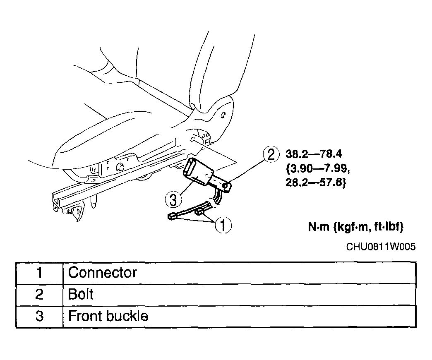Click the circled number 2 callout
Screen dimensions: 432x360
[x=271, y=154]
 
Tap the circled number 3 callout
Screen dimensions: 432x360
[x=173, y=199]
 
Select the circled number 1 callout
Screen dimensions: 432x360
[x=223, y=225]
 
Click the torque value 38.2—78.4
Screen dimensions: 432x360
[x=314, y=154]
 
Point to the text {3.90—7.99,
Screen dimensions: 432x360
[x=318, y=168]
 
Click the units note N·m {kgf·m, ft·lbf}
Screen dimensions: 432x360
[x=356, y=227]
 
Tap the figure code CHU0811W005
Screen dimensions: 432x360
[x=381, y=247]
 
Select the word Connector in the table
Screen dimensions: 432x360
[x=102, y=273]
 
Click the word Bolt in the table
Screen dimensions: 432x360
[x=80, y=294]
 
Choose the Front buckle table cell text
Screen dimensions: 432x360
[x=108, y=316]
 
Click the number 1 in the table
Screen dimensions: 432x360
[x=39, y=273]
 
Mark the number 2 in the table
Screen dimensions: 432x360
[x=39, y=294]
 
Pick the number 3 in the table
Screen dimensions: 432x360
[x=39, y=316]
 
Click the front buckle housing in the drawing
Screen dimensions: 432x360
[x=198, y=172]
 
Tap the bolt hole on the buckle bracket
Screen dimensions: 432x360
[x=225, y=186]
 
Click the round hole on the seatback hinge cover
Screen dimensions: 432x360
[x=223, y=114]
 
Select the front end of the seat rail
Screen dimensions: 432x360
[x=56, y=201]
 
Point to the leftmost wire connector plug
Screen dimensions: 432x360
[x=171, y=216]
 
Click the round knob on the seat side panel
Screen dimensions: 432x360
[x=120, y=167]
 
